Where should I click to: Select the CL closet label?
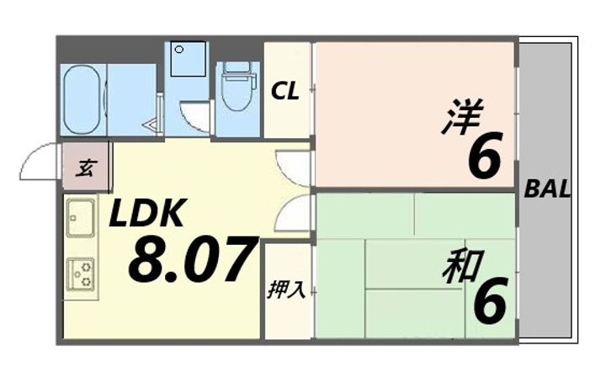[x=284, y=92]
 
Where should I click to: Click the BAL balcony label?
[x=547, y=189]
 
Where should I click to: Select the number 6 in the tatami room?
[x=490, y=301]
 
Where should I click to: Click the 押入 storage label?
[x=286, y=290]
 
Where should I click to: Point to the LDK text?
[x=145, y=215]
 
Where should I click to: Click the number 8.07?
[x=192, y=260]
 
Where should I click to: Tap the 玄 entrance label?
[x=85, y=168]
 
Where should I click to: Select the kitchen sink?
[x=82, y=219]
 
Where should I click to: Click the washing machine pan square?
[x=187, y=60]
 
